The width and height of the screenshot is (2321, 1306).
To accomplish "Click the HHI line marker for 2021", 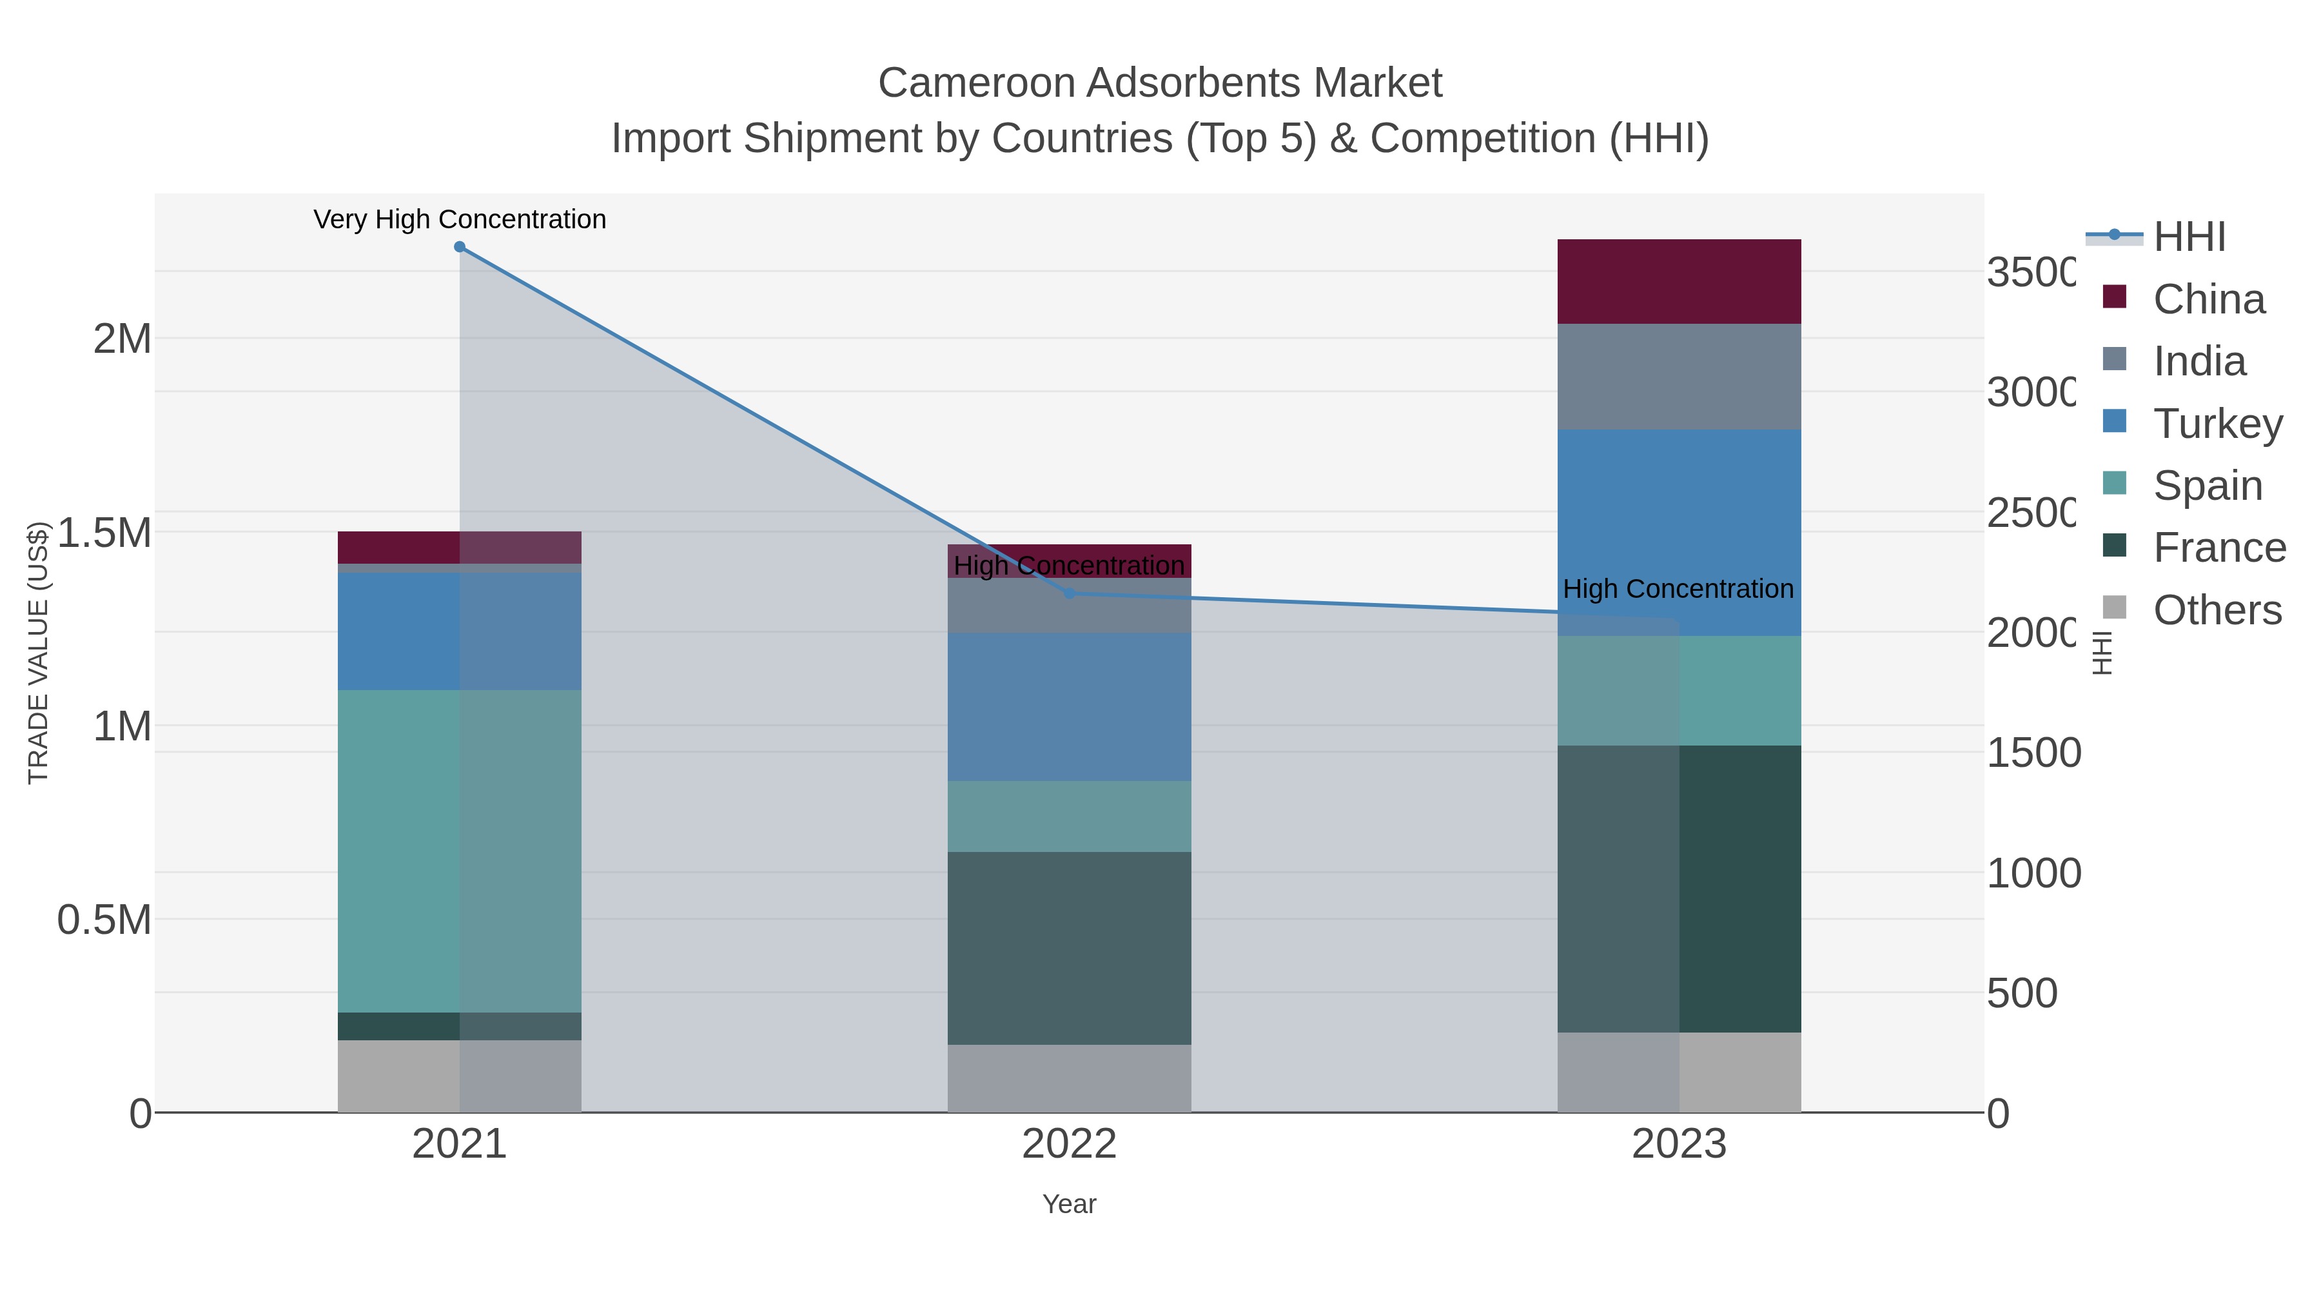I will pos(460,247).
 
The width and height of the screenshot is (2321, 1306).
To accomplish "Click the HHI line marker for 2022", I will pos(1070,593).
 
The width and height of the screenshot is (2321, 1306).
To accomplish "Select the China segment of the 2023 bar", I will pos(1679,281).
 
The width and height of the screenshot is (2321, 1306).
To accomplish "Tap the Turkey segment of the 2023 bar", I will pos(1679,532).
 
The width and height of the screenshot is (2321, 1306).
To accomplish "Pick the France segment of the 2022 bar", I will pos(1070,948).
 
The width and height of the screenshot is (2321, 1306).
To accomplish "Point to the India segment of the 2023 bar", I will pos(1679,377).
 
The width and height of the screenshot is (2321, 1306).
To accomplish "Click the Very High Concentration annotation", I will pos(460,220).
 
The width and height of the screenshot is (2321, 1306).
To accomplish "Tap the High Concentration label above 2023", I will pos(1678,589).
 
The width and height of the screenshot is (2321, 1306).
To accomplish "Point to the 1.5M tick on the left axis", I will pos(104,533).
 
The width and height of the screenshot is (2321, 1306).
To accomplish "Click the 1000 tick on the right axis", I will pos(2033,873).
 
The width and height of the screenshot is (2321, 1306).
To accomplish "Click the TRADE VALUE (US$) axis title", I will pos(38,653).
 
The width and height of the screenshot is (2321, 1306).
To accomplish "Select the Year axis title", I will pos(1070,1204).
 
